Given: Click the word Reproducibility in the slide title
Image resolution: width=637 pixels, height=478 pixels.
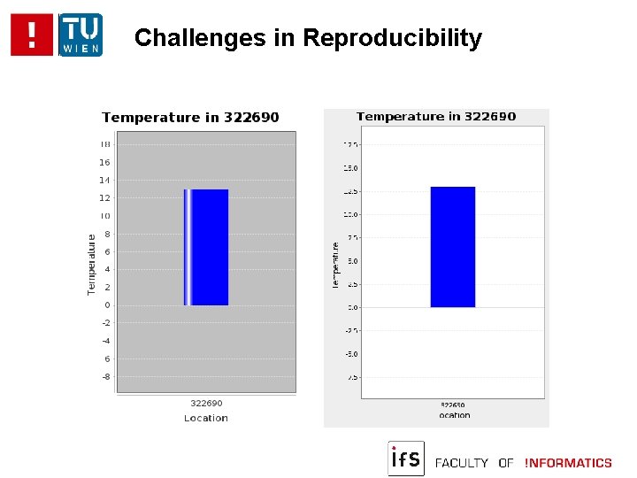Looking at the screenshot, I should pyautogui.click(x=392, y=39).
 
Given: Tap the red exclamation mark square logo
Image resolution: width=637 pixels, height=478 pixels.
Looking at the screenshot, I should pyautogui.click(x=33, y=35).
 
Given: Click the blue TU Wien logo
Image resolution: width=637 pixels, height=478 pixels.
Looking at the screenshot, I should pyautogui.click(x=81, y=35).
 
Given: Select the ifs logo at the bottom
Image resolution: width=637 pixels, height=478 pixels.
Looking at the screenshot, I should pyautogui.click(x=406, y=459).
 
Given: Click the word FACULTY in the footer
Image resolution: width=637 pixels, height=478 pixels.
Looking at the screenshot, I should pyautogui.click(x=462, y=463).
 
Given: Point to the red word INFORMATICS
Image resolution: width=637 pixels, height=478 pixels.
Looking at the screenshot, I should pyautogui.click(x=568, y=463).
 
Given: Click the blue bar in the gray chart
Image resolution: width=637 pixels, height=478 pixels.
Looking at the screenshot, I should pyautogui.click(x=207, y=247).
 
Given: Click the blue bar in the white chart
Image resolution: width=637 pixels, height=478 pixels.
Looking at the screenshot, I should pyautogui.click(x=453, y=247).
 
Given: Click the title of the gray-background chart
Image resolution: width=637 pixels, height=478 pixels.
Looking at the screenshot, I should pyautogui.click(x=190, y=117).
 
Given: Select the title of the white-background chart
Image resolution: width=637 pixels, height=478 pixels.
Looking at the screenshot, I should pyautogui.click(x=436, y=116).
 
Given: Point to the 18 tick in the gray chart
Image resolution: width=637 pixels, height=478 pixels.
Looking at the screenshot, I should pyautogui.click(x=105, y=144).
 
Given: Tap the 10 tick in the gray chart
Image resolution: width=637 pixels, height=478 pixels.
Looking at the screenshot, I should pyautogui.click(x=105, y=216).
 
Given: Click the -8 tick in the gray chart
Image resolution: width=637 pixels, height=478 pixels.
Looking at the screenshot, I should pyautogui.click(x=105, y=376).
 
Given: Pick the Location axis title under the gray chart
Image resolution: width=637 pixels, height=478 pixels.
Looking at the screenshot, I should pyautogui.click(x=206, y=418).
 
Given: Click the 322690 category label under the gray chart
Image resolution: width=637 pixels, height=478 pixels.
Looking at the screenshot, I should pyautogui.click(x=206, y=404).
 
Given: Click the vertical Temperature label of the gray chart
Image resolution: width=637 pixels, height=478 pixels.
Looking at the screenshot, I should pyautogui.click(x=92, y=265).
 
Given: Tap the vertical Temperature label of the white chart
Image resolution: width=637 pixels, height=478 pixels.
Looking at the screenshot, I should pyautogui.click(x=336, y=265).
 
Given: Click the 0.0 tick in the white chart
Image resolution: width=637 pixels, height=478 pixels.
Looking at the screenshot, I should pyautogui.click(x=352, y=307).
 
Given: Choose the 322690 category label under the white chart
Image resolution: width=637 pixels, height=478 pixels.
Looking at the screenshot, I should pyautogui.click(x=453, y=405).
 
